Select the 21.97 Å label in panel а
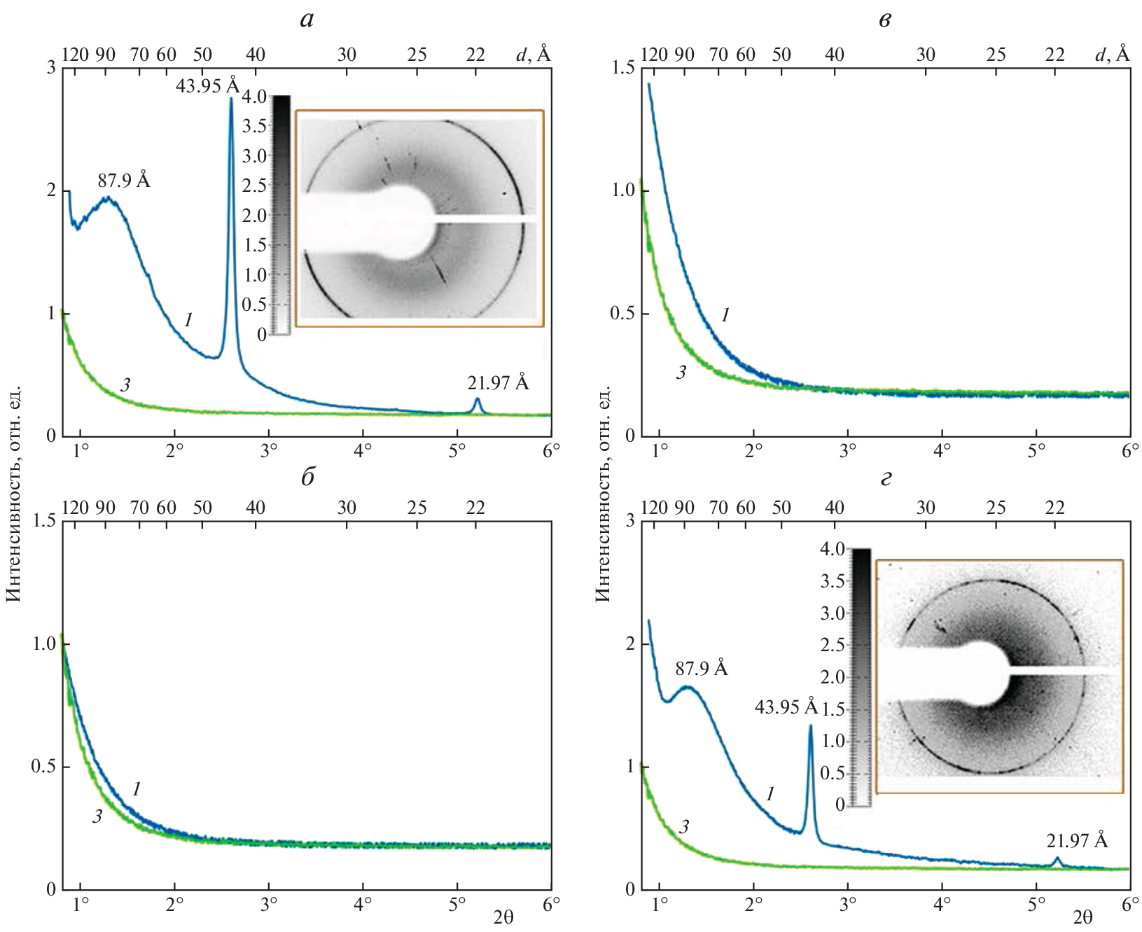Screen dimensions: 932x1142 (x=498, y=383)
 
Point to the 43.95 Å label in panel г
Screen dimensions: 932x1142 (x=786, y=707)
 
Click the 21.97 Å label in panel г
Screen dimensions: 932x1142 (x=1077, y=840)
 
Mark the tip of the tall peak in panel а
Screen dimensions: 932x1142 (x=231, y=99)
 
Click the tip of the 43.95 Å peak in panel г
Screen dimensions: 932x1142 (x=810, y=726)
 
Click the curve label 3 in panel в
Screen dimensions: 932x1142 (x=681, y=373)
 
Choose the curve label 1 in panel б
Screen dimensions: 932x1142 (x=137, y=789)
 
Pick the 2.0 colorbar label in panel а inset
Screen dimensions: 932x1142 (x=256, y=216)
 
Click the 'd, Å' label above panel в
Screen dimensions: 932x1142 (x=1113, y=54)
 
